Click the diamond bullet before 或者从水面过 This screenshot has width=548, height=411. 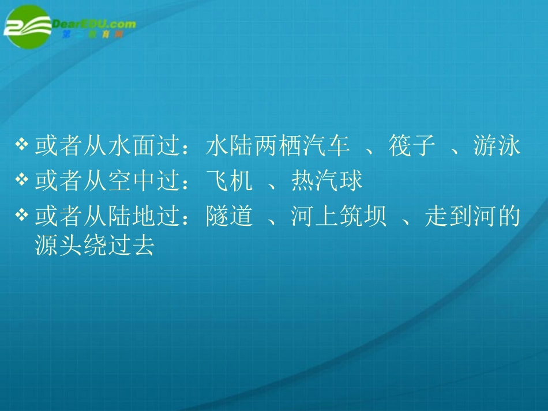[x=21, y=145]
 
